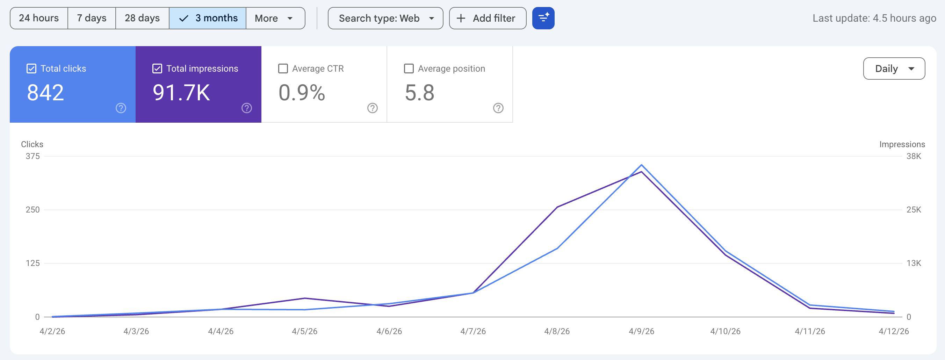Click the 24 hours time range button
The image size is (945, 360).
[39, 18]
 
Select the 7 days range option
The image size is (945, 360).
[92, 18]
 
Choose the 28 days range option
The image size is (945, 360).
[142, 18]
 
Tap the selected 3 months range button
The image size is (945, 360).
[208, 18]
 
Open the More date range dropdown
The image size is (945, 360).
[275, 18]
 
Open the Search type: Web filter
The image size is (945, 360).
[385, 18]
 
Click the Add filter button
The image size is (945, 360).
[488, 18]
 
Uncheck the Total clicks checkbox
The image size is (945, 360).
[31, 69]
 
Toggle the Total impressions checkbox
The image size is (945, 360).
[157, 69]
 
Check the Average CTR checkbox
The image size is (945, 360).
[283, 69]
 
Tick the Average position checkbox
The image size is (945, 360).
[409, 69]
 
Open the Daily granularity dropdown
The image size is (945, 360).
[894, 69]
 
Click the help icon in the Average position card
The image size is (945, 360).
[498, 108]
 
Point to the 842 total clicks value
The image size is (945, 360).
[45, 93]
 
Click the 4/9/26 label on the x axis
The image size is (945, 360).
[641, 331]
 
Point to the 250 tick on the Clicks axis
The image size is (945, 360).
[32, 210]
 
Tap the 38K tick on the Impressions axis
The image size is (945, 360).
[914, 156]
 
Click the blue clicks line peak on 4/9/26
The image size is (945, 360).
[641, 165]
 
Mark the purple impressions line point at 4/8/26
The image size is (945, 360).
[557, 207]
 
